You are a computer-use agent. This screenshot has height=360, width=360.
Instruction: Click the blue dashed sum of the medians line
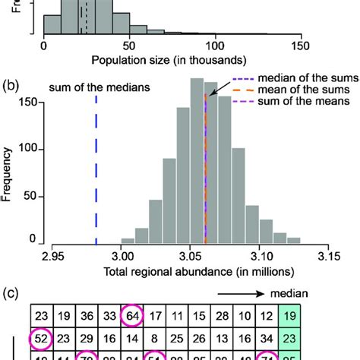click(x=96, y=175)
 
